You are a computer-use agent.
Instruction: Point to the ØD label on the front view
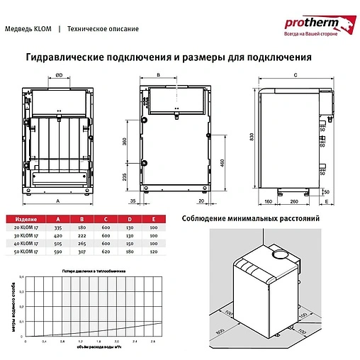59,75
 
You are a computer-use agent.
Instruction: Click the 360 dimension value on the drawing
126,142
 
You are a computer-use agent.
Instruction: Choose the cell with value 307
82,251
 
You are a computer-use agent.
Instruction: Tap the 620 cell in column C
106,251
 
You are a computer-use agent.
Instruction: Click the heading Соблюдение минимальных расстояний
251,219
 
